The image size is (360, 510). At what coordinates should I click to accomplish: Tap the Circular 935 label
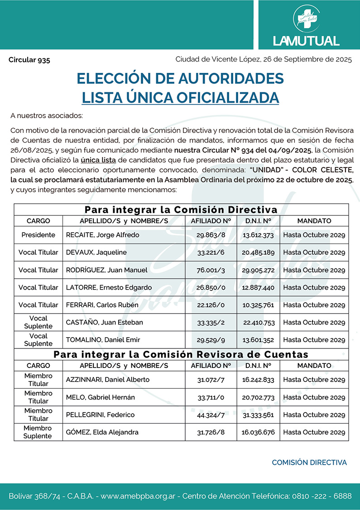29,60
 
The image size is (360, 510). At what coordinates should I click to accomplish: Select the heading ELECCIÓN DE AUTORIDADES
180,78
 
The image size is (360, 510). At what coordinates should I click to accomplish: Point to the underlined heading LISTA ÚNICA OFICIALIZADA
180,97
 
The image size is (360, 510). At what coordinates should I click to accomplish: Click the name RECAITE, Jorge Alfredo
103,235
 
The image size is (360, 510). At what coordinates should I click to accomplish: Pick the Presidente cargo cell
38,235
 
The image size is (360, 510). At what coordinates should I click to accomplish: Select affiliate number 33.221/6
211,253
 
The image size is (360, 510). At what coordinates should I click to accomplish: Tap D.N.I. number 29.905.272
258,270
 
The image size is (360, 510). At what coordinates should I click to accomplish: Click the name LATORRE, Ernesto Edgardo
109,287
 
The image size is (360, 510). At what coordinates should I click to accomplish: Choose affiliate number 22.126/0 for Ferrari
211,305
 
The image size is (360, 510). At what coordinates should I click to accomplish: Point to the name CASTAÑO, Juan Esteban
105,323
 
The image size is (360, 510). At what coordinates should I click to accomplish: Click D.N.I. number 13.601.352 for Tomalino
258,340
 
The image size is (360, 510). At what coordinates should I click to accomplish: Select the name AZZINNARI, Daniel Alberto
108,380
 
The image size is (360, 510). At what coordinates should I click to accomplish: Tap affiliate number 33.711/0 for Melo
211,397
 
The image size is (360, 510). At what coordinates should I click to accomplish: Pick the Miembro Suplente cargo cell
38,432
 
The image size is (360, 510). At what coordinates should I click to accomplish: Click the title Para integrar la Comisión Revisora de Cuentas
181,354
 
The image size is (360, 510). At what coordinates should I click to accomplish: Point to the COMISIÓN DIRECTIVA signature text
309,462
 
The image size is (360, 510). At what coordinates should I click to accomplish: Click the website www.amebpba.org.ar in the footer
139,496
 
